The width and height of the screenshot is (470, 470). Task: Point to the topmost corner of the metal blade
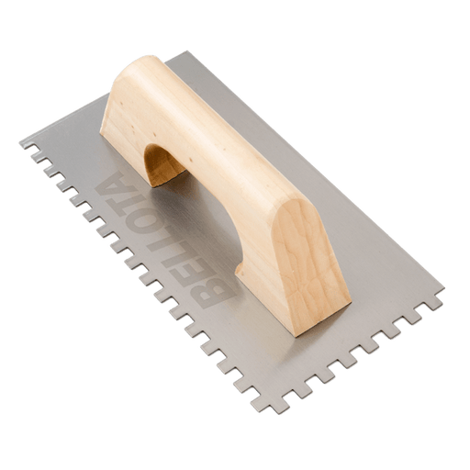coord(185,51)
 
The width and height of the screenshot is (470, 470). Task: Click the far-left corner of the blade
coord(20,142)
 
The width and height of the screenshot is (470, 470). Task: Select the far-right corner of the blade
coord(443,288)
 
